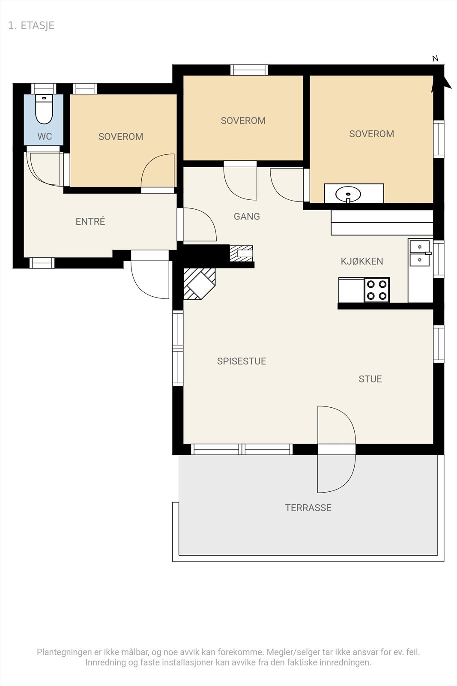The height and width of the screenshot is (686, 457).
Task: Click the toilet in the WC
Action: tap(44, 109)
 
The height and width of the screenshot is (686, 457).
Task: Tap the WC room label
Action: tap(45, 137)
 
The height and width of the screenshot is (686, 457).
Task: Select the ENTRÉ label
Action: tap(90, 221)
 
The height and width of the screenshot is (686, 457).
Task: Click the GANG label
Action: tap(247, 217)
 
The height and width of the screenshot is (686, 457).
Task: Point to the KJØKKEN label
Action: tap(362, 261)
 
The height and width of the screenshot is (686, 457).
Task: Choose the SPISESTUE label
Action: tap(242, 361)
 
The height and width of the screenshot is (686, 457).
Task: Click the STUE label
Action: tap(370, 379)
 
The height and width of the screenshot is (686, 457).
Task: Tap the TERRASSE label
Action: tap(308, 508)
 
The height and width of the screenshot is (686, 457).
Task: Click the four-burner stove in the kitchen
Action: tap(376, 290)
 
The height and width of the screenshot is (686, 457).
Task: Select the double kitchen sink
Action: tap(419, 253)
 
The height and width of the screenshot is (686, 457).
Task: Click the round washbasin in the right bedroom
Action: tap(348, 194)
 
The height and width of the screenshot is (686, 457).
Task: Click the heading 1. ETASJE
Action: tap(31, 26)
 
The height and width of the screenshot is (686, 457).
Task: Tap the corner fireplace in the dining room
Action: tap(200, 284)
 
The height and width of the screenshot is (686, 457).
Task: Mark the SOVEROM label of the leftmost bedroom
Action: tap(121, 137)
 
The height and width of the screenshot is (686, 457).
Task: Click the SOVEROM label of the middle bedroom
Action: tap(243, 120)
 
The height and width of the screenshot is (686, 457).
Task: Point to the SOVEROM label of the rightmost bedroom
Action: tap(372, 134)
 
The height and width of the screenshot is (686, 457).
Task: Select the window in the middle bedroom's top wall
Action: tap(249, 70)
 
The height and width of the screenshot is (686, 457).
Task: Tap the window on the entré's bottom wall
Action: tap(42, 263)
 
